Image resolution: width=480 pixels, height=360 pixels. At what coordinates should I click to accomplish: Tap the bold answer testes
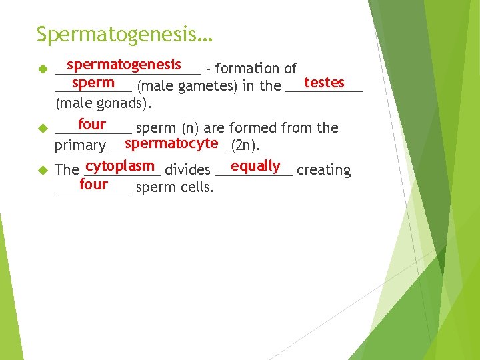click(324, 83)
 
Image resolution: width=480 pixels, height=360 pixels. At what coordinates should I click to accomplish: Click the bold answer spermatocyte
click(171, 143)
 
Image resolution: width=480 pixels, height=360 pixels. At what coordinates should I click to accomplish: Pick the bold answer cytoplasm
click(121, 166)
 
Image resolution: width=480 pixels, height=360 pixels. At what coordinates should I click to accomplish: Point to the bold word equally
click(255, 166)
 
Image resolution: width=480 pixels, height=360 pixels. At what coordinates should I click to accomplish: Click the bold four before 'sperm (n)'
click(92, 125)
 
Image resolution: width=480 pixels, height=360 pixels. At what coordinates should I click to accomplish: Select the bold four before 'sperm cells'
click(93, 184)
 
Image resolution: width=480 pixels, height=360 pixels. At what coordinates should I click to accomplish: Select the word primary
click(80, 146)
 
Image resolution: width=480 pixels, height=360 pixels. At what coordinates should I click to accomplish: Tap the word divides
click(187, 170)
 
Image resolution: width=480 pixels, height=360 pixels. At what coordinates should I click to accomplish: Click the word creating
click(323, 170)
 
